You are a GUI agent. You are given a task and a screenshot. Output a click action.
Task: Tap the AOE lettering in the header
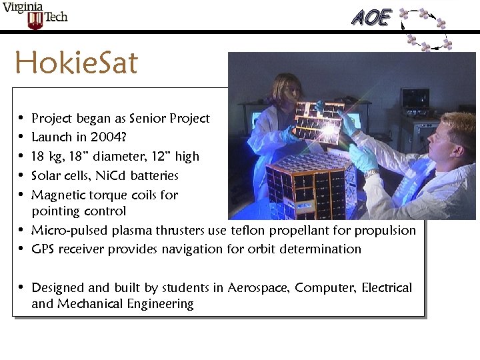(x=371, y=17)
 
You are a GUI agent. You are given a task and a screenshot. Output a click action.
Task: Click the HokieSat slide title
(x=76, y=64)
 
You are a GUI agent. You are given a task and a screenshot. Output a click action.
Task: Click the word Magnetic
(x=58, y=195)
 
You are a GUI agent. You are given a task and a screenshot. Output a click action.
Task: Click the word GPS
(x=43, y=249)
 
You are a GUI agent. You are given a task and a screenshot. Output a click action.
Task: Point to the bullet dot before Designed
(x=22, y=287)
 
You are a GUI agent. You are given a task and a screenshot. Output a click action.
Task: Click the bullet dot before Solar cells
(x=22, y=176)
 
